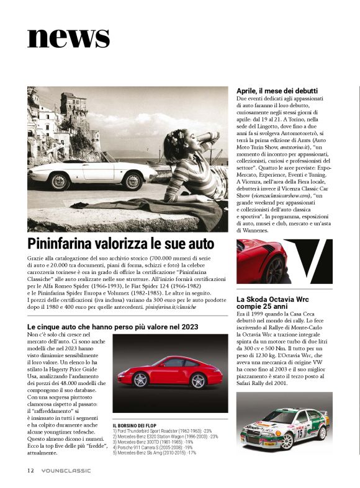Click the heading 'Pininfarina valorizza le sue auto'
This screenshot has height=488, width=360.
click(121, 242)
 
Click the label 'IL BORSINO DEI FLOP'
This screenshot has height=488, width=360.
click(140, 424)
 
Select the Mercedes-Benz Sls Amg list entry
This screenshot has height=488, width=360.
click(158, 453)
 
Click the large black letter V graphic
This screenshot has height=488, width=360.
click(309, 260)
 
